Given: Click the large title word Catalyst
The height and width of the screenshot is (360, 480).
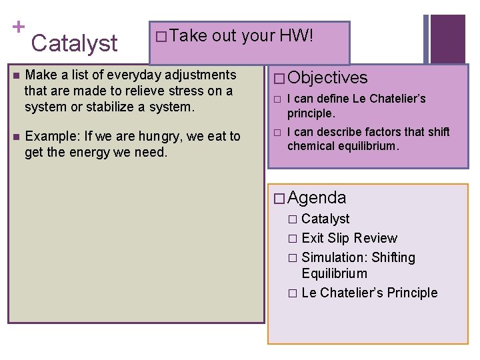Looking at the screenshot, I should click(x=74, y=43).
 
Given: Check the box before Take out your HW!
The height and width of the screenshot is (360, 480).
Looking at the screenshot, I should click(x=160, y=37).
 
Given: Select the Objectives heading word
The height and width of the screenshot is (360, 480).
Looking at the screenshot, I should click(x=328, y=78).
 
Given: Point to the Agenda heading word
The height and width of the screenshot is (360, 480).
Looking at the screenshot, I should click(x=317, y=197).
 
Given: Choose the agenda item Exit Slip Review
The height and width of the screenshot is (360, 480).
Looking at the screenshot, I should click(x=349, y=238).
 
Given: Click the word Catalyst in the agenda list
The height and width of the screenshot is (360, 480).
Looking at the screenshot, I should click(x=325, y=219).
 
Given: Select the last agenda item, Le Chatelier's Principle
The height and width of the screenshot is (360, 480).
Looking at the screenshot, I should click(x=369, y=293).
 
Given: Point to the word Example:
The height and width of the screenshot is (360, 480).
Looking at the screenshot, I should click(x=51, y=137).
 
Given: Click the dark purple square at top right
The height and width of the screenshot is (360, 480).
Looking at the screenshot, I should click(x=447, y=39).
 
